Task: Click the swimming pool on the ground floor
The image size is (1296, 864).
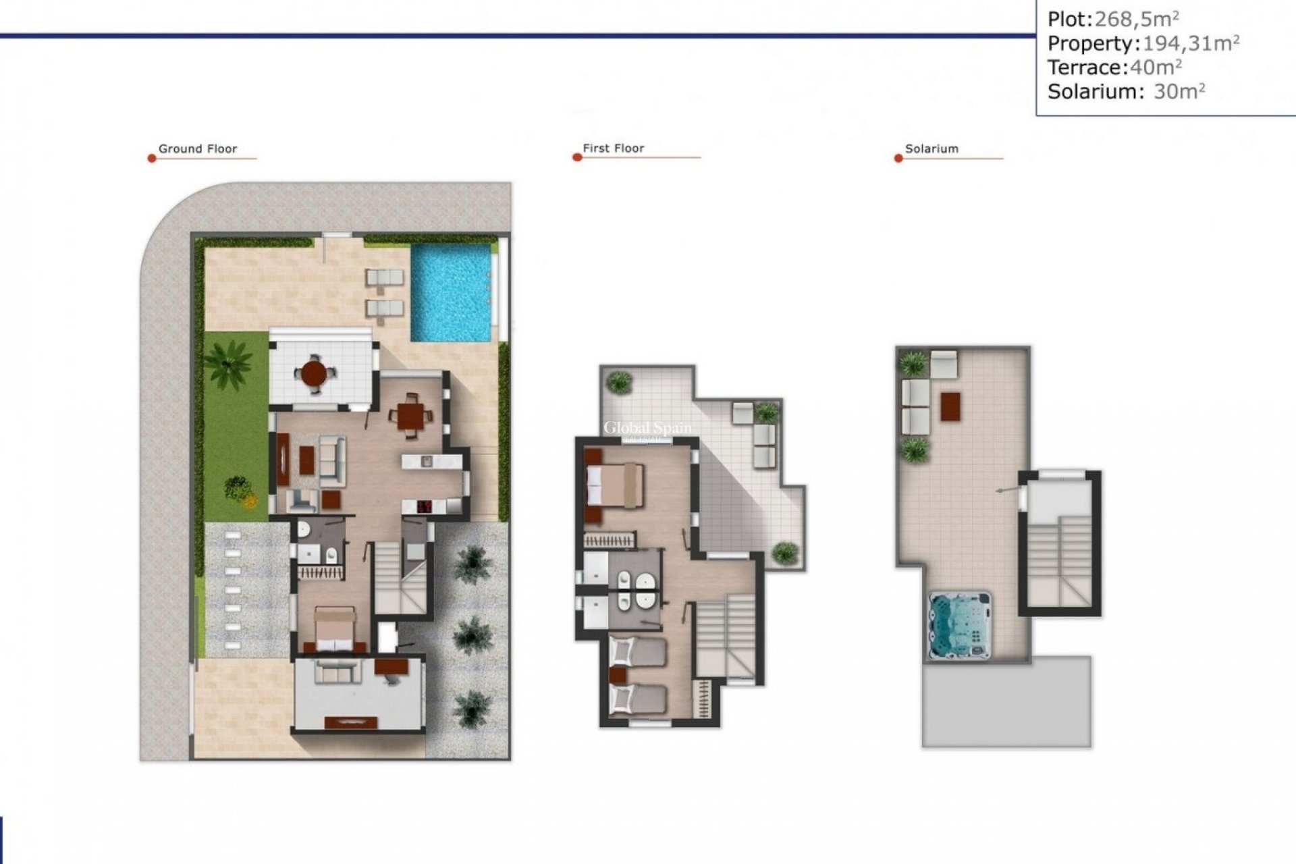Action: pyautogui.click(x=451, y=292)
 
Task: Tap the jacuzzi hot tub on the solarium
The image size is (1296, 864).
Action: pyautogui.click(x=960, y=625)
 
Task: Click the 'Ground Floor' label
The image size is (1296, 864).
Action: pyautogui.click(x=198, y=149)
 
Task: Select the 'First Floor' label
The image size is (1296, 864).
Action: pyautogui.click(x=613, y=148)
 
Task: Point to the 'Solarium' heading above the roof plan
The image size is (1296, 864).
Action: pyautogui.click(x=932, y=149)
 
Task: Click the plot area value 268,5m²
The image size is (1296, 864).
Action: pyautogui.click(x=1137, y=19)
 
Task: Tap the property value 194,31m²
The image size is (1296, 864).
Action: pyautogui.click(x=1190, y=43)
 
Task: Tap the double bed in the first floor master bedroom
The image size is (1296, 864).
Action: pyautogui.click(x=614, y=485)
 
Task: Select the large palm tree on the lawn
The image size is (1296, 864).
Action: pyautogui.click(x=228, y=363)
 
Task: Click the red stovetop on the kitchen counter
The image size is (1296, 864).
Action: pyautogui.click(x=425, y=506)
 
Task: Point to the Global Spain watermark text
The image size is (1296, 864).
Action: pyautogui.click(x=647, y=428)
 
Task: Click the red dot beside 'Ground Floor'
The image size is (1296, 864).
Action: pyautogui.click(x=152, y=159)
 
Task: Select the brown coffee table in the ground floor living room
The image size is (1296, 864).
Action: pyautogui.click(x=306, y=461)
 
